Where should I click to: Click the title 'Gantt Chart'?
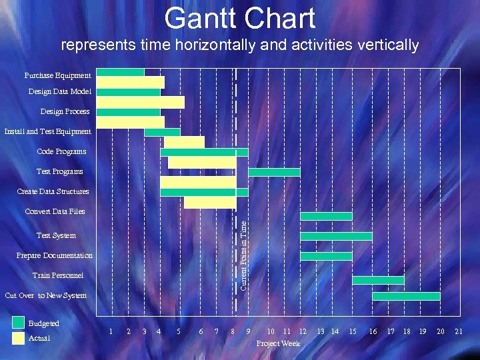pyautogui.click(x=240, y=18)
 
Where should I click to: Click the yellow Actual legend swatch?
pyautogui.click(x=18, y=339)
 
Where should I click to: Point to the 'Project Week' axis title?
pyautogui.click(x=278, y=343)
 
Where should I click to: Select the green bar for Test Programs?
pyautogui.click(x=274, y=172)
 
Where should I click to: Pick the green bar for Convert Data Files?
pyautogui.click(x=326, y=216)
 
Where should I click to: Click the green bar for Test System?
pyautogui.click(x=336, y=236)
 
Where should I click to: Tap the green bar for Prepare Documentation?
pyautogui.click(x=326, y=256)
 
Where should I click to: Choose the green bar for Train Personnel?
pyautogui.click(x=378, y=280)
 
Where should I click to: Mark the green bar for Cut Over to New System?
pyautogui.click(x=406, y=296)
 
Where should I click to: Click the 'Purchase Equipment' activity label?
pyautogui.click(x=57, y=75)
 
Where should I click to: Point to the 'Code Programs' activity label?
pyautogui.click(x=61, y=151)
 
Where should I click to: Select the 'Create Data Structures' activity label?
pyautogui.click(x=53, y=191)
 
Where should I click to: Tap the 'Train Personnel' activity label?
pyautogui.click(x=58, y=275)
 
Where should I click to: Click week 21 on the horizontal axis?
pyautogui.click(x=458, y=331)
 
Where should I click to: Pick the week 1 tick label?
pyautogui.click(x=111, y=331)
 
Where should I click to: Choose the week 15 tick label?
pyautogui.click(x=353, y=331)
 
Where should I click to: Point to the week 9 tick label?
pyautogui.click(x=248, y=331)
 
